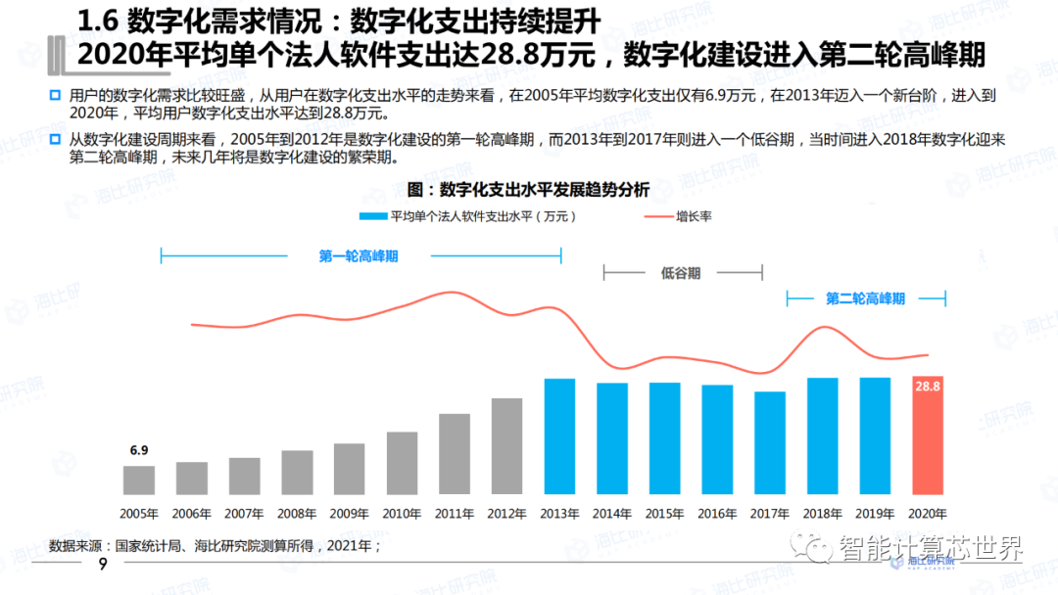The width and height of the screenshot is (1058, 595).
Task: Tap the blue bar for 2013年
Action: [559, 436]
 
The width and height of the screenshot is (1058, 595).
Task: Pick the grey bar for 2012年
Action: [506, 446]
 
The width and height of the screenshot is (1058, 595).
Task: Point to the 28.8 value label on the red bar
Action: [928, 387]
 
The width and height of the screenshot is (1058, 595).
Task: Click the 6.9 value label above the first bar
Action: [139, 451]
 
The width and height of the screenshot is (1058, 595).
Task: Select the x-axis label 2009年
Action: [350, 513]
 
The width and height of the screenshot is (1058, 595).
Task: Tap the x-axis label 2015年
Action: [665, 513]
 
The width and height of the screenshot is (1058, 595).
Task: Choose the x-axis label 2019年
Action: [875, 513]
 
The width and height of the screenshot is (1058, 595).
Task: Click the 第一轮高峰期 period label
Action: [360, 256]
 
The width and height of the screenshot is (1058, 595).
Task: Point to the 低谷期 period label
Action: [681, 273]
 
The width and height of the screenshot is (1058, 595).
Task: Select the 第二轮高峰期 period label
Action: [865, 298]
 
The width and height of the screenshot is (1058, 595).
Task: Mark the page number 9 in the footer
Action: [101, 567]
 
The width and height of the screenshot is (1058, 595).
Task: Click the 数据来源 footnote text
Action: [215, 545]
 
